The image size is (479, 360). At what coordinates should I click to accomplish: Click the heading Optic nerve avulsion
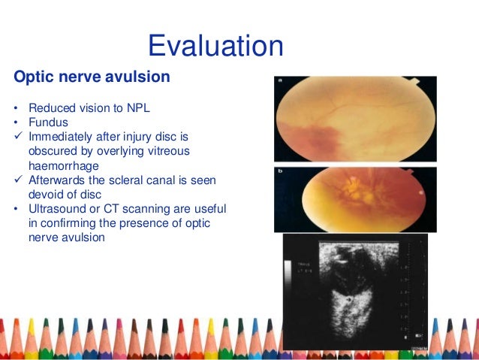92,77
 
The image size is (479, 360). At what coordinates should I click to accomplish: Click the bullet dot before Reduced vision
16,108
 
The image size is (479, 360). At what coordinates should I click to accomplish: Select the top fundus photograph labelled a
355,119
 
